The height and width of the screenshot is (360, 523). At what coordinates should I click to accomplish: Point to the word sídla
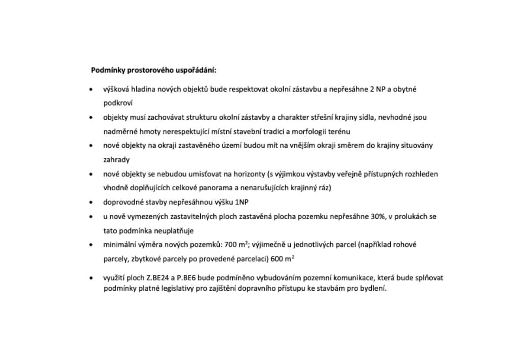point(365,117)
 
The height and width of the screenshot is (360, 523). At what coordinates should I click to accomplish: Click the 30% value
point(378,216)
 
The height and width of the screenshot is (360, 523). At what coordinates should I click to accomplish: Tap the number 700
point(230,245)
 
